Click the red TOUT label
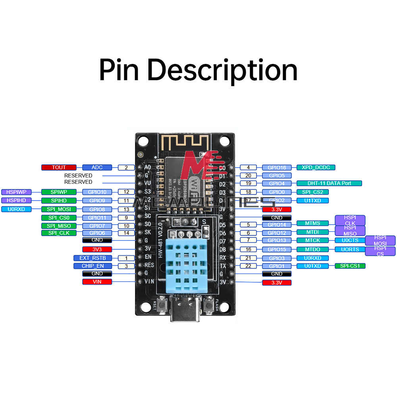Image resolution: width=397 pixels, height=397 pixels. (59, 168)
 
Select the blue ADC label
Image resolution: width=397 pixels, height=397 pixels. (97, 168)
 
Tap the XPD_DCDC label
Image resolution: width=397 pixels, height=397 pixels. (316, 168)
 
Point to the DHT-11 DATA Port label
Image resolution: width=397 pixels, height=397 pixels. (329, 183)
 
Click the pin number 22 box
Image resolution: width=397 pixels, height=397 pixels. (249, 266)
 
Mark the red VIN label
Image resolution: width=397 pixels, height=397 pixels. (97, 282)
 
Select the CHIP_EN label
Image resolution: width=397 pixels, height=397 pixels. (93, 266)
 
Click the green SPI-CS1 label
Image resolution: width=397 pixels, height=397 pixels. (350, 266)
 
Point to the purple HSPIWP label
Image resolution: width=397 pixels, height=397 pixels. (16, 192)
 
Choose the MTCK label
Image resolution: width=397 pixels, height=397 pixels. (312, 240)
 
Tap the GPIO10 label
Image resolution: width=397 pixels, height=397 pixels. (97, 192)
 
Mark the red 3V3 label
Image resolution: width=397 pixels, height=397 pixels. (97, 249)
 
